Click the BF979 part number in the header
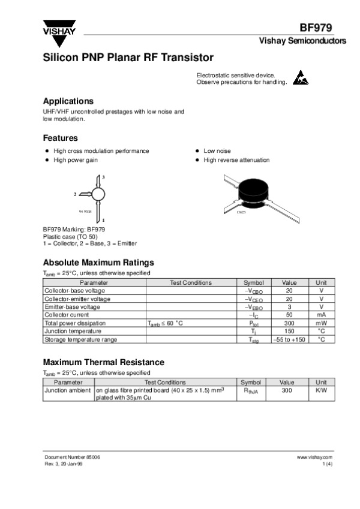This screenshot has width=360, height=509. pyautogui.click(x=316, y=28)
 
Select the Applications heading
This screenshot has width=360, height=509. pyautogui.click(x=68, y=101)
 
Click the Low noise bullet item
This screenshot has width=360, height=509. pyautogui.click(x=217, y=151)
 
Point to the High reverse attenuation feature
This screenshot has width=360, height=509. pyautogui.click(x=236, y=160)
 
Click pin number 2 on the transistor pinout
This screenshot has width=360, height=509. pyautogui.click(x=75, y=194)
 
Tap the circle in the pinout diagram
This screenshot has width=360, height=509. pyautogui.click(x=98, y=193)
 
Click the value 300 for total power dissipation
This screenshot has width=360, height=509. pyautogui.click(x=289, y=323)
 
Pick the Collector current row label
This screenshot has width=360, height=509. pyautogui.click(x=67, y=315)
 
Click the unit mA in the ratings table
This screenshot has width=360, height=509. pyautogui.click(x=321, y=315)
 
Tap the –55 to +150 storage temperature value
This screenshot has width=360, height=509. pyautogui.click(x=289, y=339)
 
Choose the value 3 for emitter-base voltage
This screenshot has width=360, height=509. pyautogui.click(x=289, y=307)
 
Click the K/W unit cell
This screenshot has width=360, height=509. pyautogui.click(x=321, y=390)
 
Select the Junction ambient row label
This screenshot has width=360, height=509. pyautogui.click(x=68, y=390)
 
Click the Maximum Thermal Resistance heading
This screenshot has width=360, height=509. pyautogui.click(x=103, y=362)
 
